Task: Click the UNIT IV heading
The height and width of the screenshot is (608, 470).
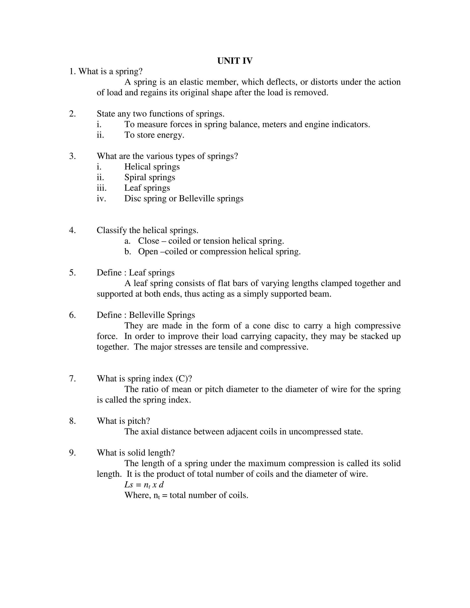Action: pos(235,61)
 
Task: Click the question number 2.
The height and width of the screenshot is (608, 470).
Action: pos(72,114)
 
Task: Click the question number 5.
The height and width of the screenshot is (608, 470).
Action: pos(72,273)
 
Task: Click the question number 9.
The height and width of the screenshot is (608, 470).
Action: pos(72,453)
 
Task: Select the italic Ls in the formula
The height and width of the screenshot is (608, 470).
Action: pos(129,485)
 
